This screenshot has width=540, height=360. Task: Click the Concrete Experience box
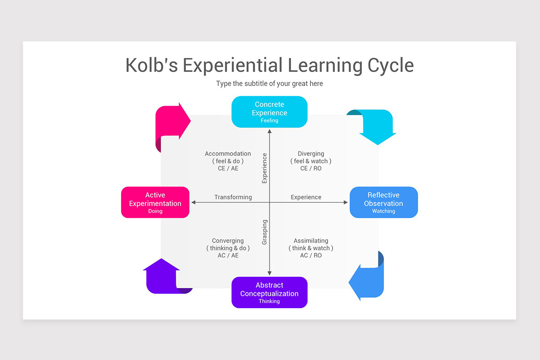click(269, 112)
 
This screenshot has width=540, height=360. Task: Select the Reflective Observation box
click(383, 202)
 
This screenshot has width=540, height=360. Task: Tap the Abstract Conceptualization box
click(269, 292)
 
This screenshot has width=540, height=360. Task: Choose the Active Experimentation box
click(155, 202)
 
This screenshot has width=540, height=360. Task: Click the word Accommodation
click(228, 154)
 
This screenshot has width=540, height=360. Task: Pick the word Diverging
click(310, 154)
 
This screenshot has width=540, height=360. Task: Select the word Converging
click(228, 241)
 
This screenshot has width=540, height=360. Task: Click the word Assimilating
click(310, 241)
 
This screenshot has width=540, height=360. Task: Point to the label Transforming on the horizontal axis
click(233, 197)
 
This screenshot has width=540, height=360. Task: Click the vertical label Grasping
click(265, 232)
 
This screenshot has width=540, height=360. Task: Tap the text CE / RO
click(310, 168)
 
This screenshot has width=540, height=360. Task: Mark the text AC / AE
click(228, 255)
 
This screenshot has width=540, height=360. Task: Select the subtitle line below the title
click(269, 84)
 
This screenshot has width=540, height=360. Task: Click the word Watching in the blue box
click(383, 211)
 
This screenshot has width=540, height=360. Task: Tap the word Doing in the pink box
click(155, 211)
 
